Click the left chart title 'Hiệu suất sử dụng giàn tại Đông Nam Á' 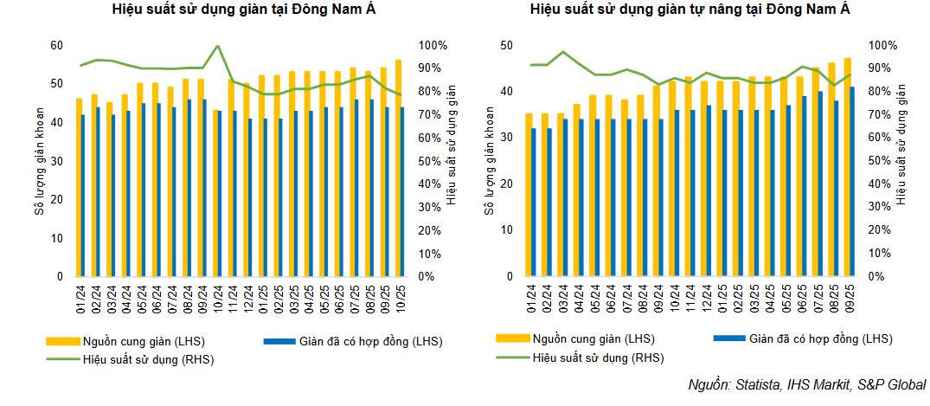pos(232,10)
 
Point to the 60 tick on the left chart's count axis pos(57,45)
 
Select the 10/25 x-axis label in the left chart pos(400,294)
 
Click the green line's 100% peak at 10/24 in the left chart pos(216,46)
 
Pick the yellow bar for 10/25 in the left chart pos(397,164)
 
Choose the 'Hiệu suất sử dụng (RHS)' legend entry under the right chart pos(597,357)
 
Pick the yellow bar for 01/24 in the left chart pos(79,186)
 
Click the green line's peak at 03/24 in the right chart pos(563,52)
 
